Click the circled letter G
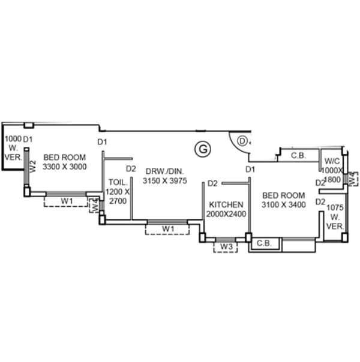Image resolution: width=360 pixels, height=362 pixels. pos(203,149)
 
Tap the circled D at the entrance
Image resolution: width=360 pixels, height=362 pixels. pos(242,141)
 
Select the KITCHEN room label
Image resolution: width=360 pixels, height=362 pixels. pos(226,205)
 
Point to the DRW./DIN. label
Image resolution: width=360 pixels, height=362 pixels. pos(165,171)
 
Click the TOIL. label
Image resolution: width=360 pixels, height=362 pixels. pos(118,182)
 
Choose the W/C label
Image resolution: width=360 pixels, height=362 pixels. pos(332,161)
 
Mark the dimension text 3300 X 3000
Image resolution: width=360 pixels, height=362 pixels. pos(64,167)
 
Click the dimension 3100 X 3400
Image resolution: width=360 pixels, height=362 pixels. pos(284,205)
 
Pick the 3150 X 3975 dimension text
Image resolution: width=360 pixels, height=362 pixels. pos(165,181)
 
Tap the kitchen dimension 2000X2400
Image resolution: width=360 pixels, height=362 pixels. pos(226,214)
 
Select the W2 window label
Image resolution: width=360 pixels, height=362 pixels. pos(33,166)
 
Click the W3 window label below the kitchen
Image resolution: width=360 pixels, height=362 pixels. pos(226,246)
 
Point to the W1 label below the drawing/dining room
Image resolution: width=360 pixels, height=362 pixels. pos(168,229)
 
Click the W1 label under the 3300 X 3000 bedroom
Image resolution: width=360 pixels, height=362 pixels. pos(67,201)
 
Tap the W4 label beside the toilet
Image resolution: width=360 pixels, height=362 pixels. pos(95,205)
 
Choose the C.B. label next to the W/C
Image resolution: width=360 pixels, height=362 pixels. pos(298,155)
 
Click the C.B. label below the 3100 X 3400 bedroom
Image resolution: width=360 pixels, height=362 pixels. pos(264,243)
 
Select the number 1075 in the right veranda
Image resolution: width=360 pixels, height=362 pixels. pos(335,208)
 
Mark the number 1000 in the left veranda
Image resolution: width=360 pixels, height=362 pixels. pos(13,139)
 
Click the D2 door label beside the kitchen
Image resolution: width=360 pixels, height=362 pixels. pos(212,183)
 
